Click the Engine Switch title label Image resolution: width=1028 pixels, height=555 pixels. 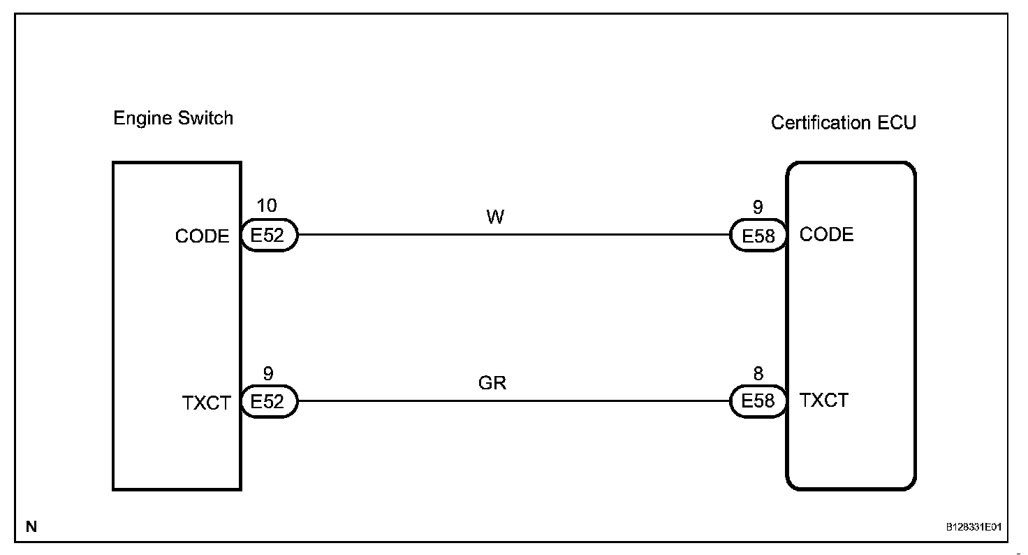tap(173, 118)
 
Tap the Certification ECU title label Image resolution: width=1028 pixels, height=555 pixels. tap(843, 123)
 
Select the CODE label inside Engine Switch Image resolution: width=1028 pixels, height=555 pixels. tap(202, 236)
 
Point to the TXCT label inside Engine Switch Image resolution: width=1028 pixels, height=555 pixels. tap(206, 403)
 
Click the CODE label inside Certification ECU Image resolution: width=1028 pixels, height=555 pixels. tap(826, 234)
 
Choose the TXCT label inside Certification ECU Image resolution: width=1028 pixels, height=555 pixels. tap(824, 401)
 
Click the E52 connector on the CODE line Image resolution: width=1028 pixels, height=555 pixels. tap(269, 236)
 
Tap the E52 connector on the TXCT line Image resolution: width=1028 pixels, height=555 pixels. tap(269, 402)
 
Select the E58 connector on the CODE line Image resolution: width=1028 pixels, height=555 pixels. tap(758, 236)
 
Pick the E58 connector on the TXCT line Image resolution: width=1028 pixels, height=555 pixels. tap(758, 401)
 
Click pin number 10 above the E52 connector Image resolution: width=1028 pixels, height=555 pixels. tap(267, 206)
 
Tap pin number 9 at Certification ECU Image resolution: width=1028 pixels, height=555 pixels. tap(758, 207)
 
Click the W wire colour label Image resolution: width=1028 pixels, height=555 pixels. tap(494, 217)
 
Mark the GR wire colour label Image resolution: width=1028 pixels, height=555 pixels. tap(492, 383)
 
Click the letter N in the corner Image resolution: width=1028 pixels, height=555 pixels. tap(31, 526)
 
